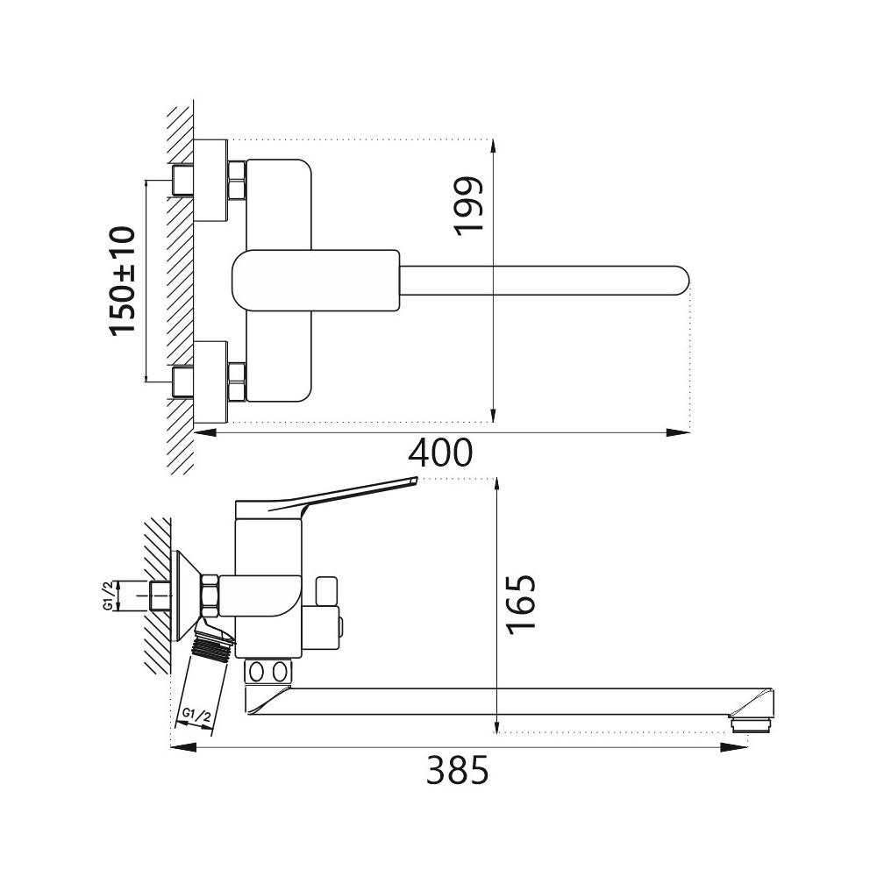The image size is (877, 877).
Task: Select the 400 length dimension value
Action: point(441,453)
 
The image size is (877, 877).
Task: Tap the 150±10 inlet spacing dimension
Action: point(123,280)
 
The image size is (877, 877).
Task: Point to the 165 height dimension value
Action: point(519,602)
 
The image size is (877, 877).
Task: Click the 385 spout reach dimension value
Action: point(457,772)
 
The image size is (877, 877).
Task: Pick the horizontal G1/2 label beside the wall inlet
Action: point(108,595)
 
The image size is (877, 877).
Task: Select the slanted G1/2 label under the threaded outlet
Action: point(195,716)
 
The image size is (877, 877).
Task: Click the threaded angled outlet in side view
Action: point(210,650)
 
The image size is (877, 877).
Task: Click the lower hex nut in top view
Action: point(237,381)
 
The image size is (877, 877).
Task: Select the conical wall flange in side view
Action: point(185,596)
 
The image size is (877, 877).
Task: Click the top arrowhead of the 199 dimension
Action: point(495,148)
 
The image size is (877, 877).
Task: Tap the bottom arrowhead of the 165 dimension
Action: point(498,727)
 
